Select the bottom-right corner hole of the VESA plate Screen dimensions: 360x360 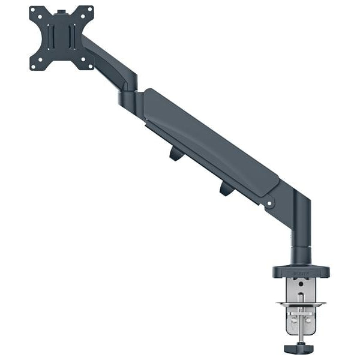pos(89,64)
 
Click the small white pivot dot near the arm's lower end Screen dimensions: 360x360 pos(270,204)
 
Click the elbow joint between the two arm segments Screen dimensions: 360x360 pos(128,97)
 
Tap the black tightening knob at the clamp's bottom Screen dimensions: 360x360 pos(302,349)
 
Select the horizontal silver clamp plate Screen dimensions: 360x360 pos(302,305)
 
